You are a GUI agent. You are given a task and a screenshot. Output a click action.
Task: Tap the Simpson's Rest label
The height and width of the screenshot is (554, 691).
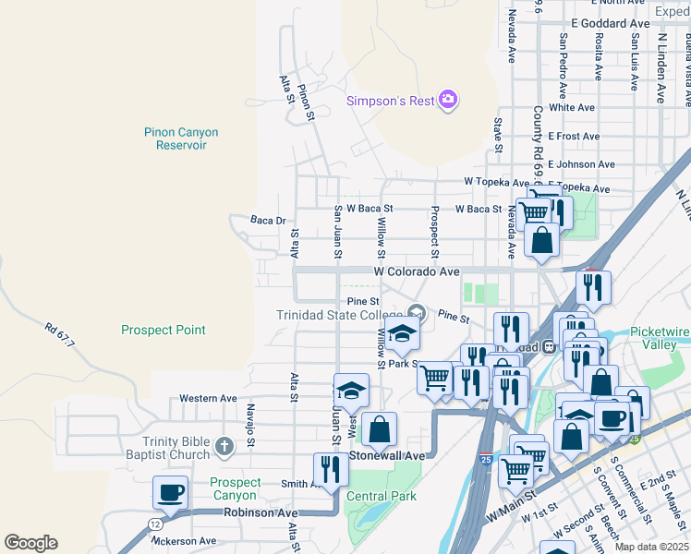[390, 102]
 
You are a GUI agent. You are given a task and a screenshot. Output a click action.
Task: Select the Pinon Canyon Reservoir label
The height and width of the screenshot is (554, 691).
[181, 138]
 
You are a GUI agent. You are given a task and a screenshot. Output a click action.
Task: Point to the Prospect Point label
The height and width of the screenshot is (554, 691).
[164, 330]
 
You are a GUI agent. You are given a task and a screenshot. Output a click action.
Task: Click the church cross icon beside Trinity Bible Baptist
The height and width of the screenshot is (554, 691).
[224, 448]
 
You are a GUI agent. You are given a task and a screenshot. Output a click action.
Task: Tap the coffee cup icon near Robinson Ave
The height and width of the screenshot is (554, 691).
[172, 493]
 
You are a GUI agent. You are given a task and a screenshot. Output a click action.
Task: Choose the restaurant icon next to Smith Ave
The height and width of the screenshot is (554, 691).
[331, 470]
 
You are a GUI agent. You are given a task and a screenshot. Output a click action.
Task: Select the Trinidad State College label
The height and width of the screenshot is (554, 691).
[339, 315]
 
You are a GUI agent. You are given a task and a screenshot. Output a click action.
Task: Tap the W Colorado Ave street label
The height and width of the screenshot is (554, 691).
[416, 272]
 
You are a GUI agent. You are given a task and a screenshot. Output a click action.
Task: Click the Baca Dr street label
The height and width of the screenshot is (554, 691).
[268, 221]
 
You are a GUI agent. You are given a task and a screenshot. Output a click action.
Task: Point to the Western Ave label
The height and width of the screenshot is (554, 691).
[208, 398]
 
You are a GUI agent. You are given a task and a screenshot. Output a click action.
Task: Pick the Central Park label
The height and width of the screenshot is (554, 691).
[381, 496]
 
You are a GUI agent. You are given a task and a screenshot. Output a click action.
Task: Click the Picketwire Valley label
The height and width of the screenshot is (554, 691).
[660, 338]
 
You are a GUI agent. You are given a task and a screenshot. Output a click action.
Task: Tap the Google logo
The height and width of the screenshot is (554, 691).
[31, 542]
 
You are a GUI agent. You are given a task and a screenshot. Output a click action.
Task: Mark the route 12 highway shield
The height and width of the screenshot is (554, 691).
[152, 524]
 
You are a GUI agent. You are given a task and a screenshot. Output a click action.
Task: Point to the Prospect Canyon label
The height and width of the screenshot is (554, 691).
[235, 488]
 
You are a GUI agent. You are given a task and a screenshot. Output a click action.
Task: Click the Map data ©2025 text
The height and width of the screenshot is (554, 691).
[652, 547]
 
